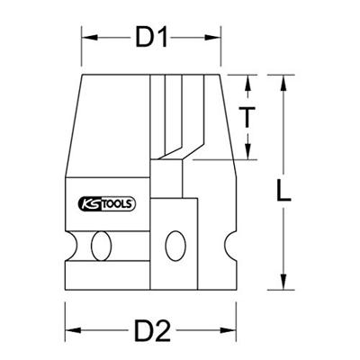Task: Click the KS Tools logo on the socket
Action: [105, 204]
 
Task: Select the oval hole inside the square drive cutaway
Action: [176, 243]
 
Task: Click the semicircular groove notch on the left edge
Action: [68, 244]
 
